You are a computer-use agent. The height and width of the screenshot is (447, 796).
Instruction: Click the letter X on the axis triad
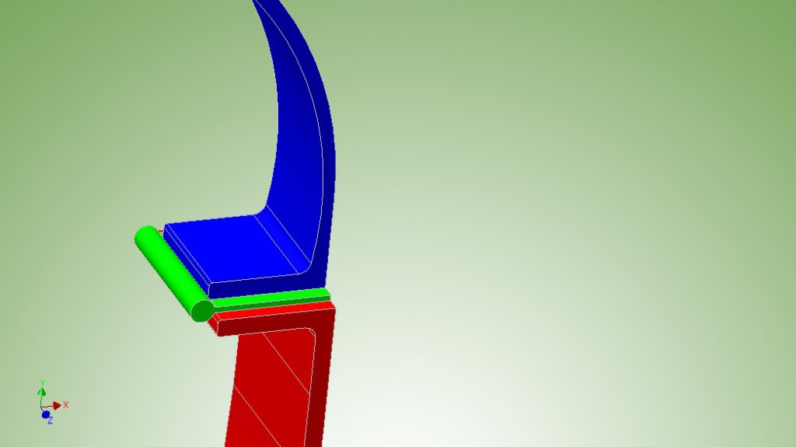tap(65, 405)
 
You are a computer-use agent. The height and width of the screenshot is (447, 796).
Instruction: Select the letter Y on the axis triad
tap(44, 383)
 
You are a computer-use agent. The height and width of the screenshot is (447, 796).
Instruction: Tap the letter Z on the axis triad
tap(51, 421)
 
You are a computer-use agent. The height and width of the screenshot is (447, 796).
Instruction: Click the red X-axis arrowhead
tap(57, 405)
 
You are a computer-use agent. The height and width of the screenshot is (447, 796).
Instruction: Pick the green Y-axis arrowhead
tap(42, 392)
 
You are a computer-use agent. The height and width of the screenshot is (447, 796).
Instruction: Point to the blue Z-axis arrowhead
tap(46, 415)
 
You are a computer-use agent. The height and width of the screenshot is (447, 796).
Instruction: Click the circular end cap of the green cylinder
tap(202, 310)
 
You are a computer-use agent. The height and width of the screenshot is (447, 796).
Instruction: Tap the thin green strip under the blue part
tap(271, 299)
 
